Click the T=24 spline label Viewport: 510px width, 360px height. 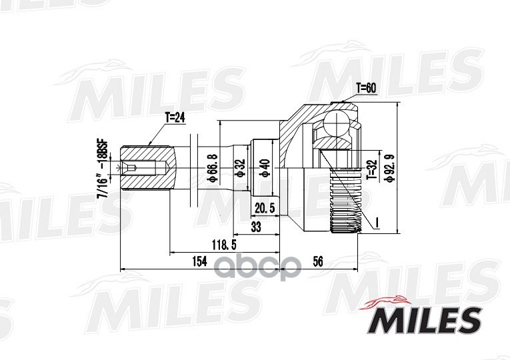click(175, 117)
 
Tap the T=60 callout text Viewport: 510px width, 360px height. click(366, 87)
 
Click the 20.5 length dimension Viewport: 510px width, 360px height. click(265, 208)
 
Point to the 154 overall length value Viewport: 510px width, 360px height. click(199, 261)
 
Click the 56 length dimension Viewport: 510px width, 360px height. click(317, 261)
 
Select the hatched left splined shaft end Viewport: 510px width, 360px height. click(148, 168)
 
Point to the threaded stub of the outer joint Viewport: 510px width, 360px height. click(345, 200)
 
